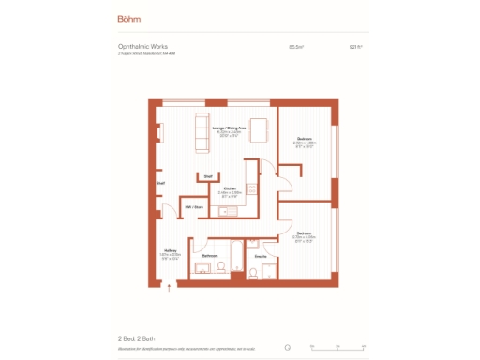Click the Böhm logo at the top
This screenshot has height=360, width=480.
(x=129, y=18)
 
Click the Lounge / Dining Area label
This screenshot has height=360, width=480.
(x=230, y=127)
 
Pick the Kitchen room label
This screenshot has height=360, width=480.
(x=230, y=188)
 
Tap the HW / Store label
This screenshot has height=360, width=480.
(x=194, y=207)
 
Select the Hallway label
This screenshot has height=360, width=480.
(x=171, y=250)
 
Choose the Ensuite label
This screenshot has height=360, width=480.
(x=262, y=255)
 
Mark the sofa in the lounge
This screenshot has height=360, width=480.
(x=200, y=133)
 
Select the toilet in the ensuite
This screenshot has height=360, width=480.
(x=253, y=273)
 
